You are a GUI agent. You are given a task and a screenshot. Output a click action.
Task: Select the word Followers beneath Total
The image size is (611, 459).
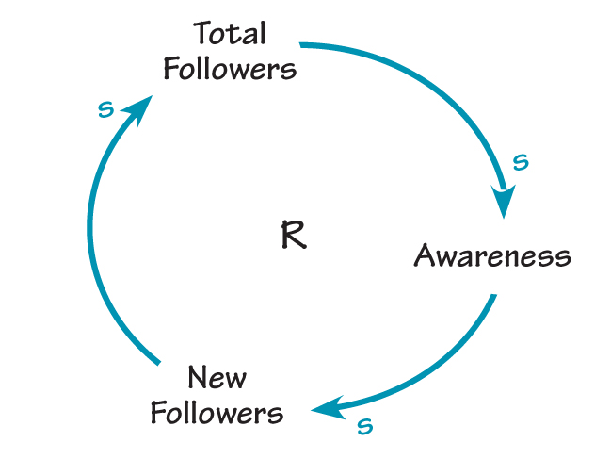[x=230, y=69]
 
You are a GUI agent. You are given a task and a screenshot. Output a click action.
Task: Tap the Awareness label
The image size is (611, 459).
[x=492, y=255]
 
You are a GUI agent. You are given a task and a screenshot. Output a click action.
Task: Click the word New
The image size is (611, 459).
[x=217, y=378]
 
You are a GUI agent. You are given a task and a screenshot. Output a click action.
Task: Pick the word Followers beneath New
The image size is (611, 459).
[x=217, y=413]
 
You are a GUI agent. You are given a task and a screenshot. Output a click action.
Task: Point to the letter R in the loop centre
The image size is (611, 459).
[x=293, y=235]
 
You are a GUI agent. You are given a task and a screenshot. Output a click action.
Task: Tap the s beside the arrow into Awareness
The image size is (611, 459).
[x=520, y=163]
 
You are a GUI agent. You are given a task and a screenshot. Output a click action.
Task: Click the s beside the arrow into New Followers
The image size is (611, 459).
[x=365, y=427]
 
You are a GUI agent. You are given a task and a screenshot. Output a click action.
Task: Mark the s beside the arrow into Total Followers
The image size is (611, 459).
[x=106, y=109]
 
